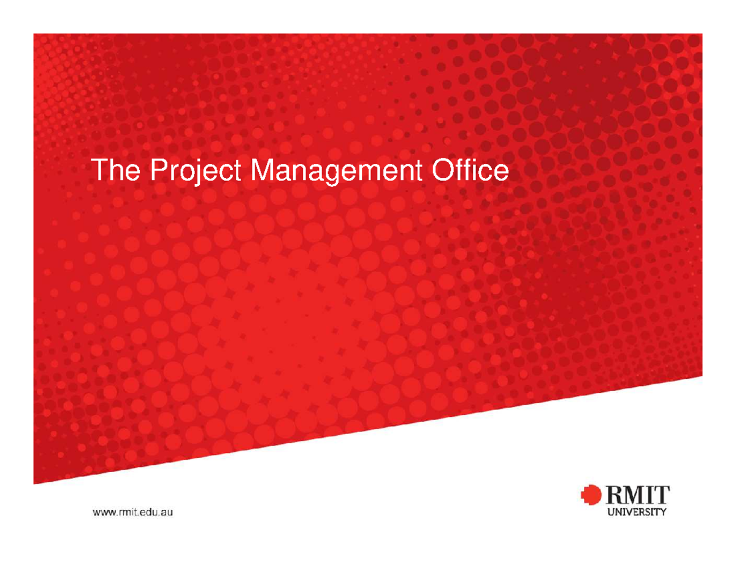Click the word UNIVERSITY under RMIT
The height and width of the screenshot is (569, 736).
point(636,514)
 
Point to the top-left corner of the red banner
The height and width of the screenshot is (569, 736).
point(34,34)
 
